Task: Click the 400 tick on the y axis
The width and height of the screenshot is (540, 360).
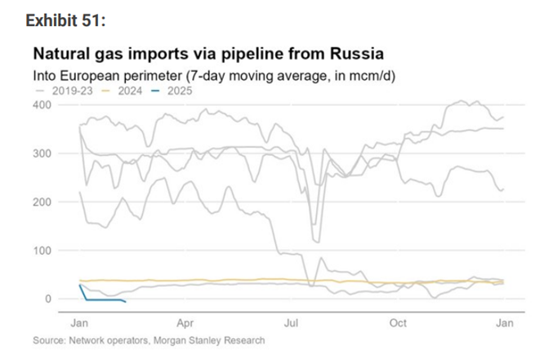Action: click(x=41, y=105)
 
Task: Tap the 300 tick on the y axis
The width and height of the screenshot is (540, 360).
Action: click(x=41, y=153)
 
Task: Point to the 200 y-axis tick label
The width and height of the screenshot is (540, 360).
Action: click(x=41, y=202)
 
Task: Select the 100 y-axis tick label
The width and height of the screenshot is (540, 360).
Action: click(x=41, y=250)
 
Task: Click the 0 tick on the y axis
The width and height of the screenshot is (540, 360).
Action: click(x=47, y=299)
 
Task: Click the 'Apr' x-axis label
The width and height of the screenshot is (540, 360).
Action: click(x=185, y=322)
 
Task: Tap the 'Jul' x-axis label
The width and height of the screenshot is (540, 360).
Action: click(x=292, y=322)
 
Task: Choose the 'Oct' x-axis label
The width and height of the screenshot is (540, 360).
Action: click(x=398, y=322)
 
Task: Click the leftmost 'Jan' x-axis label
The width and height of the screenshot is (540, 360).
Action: click(x=80, y=322)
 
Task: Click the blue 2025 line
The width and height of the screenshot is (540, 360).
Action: click(x=102, y=300)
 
